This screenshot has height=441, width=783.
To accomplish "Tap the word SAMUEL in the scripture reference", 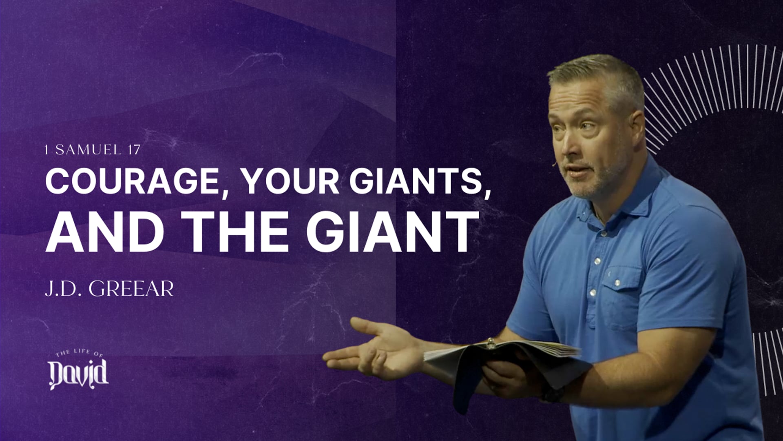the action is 87,150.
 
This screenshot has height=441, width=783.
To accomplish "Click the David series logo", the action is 78,372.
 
